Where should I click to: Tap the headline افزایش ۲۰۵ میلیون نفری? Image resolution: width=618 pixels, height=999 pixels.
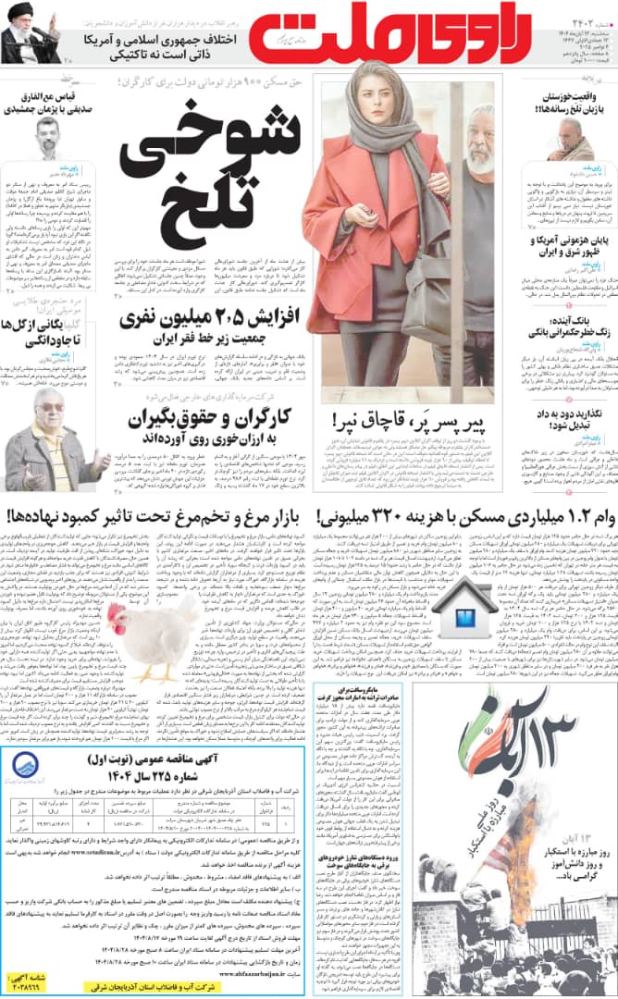point(210,327)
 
